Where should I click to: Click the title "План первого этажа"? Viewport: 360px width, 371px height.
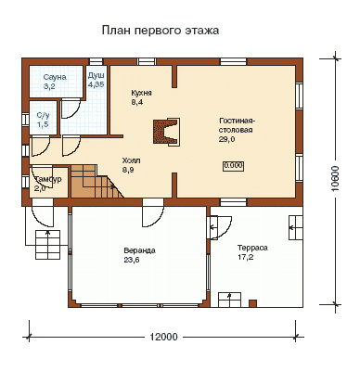tap(161, 31)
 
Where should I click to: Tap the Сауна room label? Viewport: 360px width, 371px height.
tap(55, 77)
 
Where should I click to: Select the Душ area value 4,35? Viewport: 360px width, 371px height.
tap(96, 84)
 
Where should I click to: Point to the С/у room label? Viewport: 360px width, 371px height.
tap(43, 116)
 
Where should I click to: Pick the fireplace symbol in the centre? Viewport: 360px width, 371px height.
tap(166, 131)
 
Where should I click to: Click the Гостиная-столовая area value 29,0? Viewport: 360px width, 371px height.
tap(226, 139)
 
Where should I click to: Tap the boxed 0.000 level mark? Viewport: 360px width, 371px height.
tap(233, 166)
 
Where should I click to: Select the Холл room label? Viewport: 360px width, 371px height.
tap(131, 160)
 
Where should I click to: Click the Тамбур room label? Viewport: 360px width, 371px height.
tap(47, 180)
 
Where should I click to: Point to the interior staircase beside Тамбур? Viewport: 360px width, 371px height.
tap(96, 182)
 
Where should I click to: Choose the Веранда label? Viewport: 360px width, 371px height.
tap(140, 250)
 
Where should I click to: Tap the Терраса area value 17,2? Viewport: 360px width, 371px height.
tap(246, 257)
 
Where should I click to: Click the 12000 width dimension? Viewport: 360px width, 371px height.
tap(164, 337)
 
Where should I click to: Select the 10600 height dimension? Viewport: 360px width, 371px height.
tap(335, 179)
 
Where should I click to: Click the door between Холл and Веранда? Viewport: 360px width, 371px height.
tap(153, 213)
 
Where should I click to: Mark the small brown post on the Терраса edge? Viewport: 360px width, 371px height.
tap(252, 303)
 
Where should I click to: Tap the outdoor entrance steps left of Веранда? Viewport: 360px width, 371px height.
tap(47, 245)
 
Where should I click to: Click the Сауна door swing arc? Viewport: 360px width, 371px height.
tap(71, 109)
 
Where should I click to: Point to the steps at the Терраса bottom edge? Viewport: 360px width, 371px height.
tap(229, 300)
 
